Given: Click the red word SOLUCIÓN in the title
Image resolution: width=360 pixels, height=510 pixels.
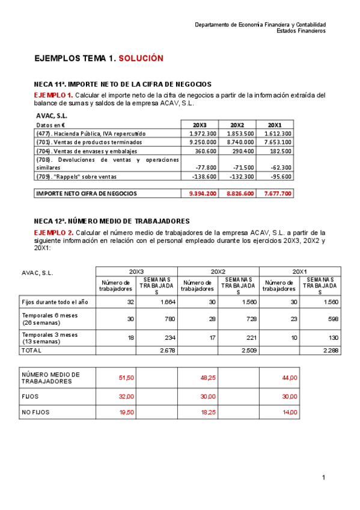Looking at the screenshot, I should [141, 58].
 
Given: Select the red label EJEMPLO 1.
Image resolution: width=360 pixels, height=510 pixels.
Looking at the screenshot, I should [53, 95].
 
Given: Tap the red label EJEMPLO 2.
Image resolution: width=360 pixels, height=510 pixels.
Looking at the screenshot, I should [53, 233].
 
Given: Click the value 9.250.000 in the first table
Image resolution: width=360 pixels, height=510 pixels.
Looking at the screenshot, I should [203, 142].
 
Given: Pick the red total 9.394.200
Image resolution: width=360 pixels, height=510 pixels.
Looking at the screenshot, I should [203, 194].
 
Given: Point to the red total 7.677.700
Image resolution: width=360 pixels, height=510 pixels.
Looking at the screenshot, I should [278, 194].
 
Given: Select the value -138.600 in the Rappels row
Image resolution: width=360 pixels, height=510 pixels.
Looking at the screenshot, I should [204, 177].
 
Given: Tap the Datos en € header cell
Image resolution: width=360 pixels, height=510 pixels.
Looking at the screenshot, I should [50, 124].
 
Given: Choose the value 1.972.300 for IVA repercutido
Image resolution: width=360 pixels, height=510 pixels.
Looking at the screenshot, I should [203, 134].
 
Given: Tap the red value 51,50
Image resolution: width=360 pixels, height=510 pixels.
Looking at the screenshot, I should [126, 378].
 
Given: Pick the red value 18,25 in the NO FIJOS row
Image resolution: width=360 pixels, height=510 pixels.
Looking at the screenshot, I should [208, 412].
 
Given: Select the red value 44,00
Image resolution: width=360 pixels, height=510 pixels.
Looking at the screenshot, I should [289, 378].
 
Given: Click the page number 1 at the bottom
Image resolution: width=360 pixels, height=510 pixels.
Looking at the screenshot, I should [323, 478].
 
